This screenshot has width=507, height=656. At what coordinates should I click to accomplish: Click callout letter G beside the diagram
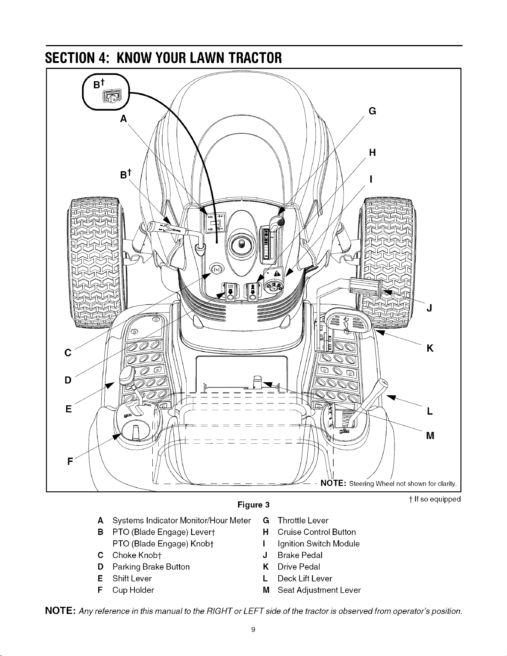coord(371,111)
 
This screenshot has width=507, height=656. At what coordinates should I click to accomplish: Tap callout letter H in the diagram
coord(371,153)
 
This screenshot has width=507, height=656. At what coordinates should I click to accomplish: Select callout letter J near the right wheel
coord(430,308)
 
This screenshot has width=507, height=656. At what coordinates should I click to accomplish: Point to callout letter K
coord(430,349)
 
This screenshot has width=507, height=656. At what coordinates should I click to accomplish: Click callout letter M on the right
coord(431,435)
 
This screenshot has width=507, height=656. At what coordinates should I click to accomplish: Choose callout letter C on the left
coord(68,353)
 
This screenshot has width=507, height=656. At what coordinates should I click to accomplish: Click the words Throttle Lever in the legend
coord(303,520)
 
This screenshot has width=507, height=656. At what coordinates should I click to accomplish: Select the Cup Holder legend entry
coord(133,590)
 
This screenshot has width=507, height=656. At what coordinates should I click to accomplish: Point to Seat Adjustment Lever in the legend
coord(319,590)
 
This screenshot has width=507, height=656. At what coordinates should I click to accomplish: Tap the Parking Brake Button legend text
coord(151,567)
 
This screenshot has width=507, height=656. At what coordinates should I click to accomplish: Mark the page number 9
coord(253,630)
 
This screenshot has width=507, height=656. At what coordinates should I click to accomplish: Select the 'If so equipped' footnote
coord(433,499)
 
